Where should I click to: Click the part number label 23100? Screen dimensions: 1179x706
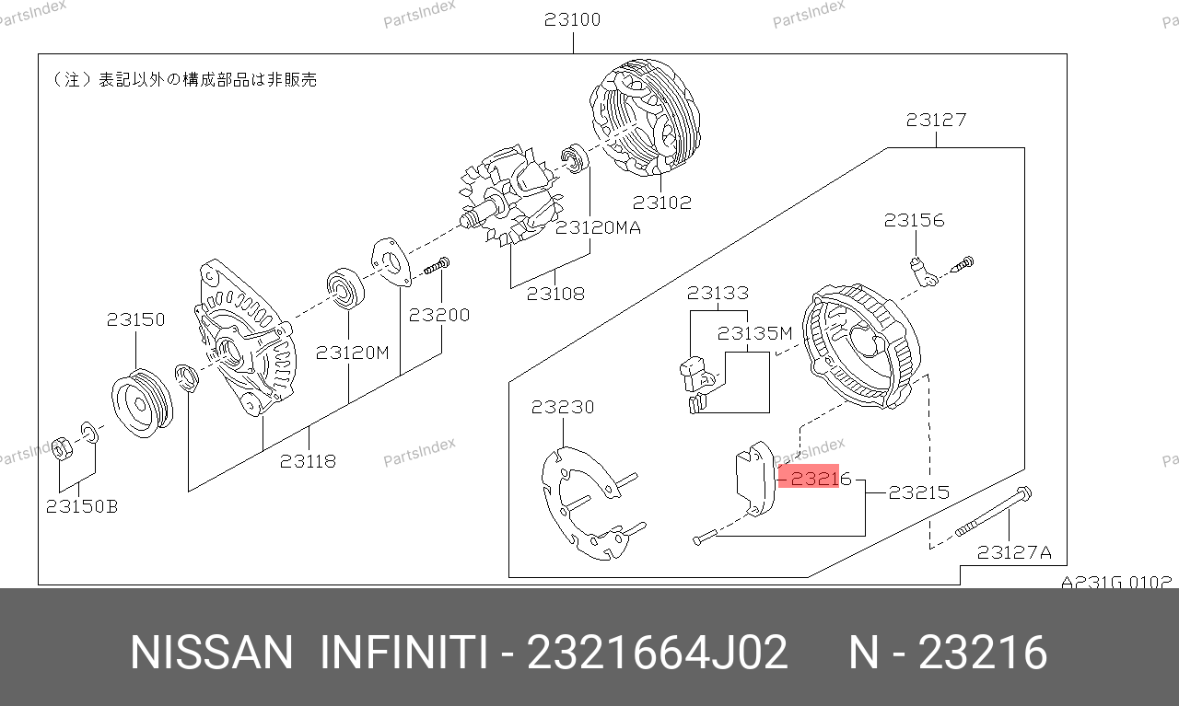tap(572, 20)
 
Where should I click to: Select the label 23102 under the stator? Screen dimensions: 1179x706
tap(661, 203)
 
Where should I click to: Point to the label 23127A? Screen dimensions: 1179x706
tap(1014, 552)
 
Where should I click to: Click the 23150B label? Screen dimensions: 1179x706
tap(82, 506)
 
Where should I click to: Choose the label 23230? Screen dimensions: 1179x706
tap(562, 407)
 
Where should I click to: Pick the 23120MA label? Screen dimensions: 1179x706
tap(598, 227)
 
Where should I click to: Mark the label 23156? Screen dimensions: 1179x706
tap(915, 220)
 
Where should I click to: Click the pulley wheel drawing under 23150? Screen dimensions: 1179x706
tap(142, 403)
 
